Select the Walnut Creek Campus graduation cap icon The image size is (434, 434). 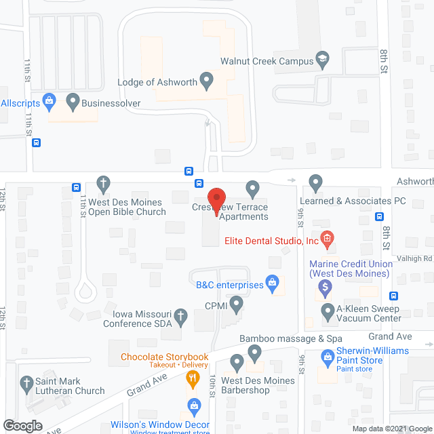[323, 60]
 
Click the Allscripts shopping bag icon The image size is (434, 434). [49, 102]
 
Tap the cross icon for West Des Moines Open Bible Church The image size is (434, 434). [103, 183]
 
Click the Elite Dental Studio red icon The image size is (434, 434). [327, 239]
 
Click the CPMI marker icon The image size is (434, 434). [236, 304]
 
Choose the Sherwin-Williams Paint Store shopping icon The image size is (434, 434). [328, 354]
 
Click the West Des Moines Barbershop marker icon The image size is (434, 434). [236, 362]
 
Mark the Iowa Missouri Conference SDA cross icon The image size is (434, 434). [180, 315]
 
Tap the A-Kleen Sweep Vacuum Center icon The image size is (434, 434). [328, 312]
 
